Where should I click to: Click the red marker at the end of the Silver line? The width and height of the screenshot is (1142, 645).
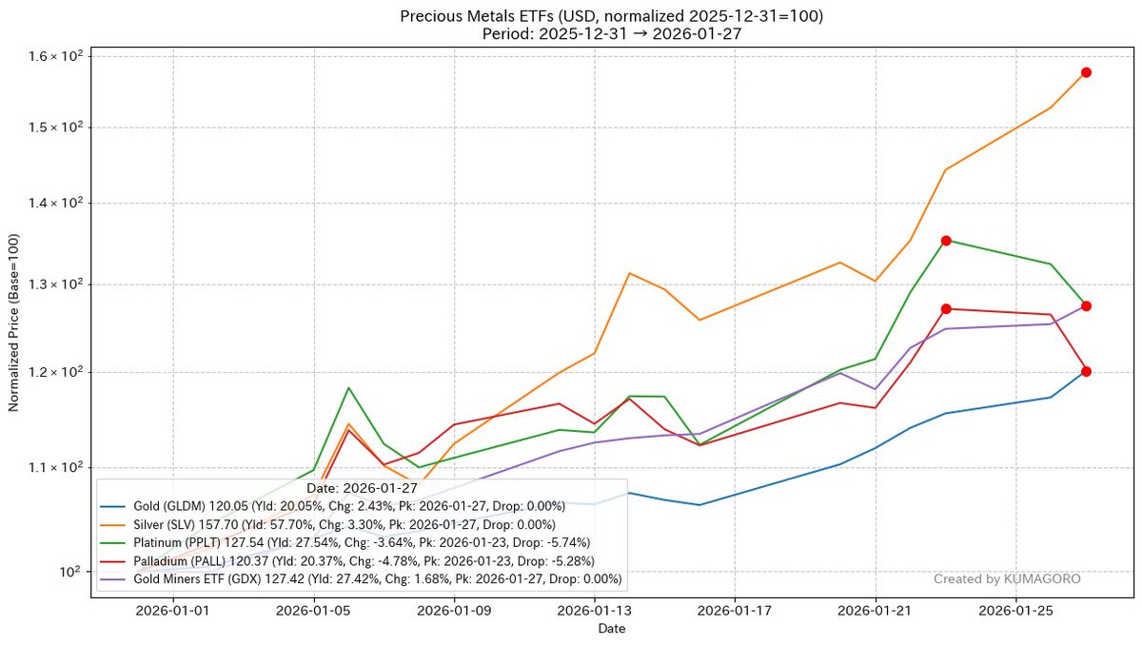click(x=1086, y=72)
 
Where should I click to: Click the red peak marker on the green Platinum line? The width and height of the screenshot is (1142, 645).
click(x=946, y=241)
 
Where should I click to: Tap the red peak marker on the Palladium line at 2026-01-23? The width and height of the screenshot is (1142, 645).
click(x=946, y=308)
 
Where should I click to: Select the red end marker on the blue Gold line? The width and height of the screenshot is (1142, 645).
click(x=1086, y=371)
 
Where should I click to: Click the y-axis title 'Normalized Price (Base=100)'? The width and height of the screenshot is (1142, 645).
click(x=14, y=324)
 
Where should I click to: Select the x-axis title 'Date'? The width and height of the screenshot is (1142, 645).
click(x=612, y=629)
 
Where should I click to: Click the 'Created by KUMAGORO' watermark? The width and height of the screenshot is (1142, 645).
click(x=1007, y=578)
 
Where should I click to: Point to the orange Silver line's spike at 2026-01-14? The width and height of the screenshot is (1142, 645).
click(x=629, y=273)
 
